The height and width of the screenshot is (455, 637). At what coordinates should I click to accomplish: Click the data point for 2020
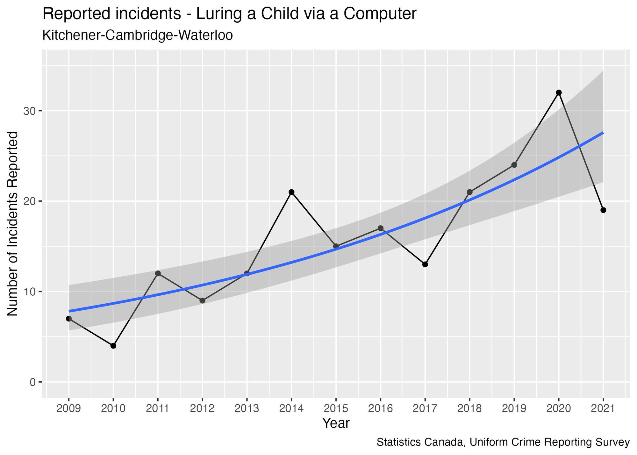[x=558, y=92]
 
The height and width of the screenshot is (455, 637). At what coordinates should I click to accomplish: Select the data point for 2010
[x=113, y=346]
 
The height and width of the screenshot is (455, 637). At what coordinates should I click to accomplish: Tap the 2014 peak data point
[x=291, y=192]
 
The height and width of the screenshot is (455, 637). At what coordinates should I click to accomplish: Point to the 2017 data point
[x=425, y=264]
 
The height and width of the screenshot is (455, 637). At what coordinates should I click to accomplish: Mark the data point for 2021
[x=603, y=210]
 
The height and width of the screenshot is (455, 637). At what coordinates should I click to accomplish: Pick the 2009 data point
[x=68, y=319]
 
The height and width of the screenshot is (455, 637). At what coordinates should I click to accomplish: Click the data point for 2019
[x=514, y=165]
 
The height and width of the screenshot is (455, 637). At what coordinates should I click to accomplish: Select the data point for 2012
[x=202, y=300]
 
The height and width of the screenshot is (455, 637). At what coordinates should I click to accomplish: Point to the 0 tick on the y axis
[x=32, y=382]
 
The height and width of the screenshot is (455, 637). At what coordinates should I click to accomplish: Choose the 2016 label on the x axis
[x=380, y=409]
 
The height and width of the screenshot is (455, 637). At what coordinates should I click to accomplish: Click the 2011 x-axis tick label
[x=158, y=409]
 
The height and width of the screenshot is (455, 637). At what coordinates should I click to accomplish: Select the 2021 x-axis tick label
[x=603, y=409]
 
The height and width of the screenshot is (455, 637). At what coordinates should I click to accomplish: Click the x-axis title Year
[x=336, y=423]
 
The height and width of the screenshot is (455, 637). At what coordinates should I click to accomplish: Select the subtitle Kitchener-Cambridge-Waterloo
[x=137, y=35]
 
